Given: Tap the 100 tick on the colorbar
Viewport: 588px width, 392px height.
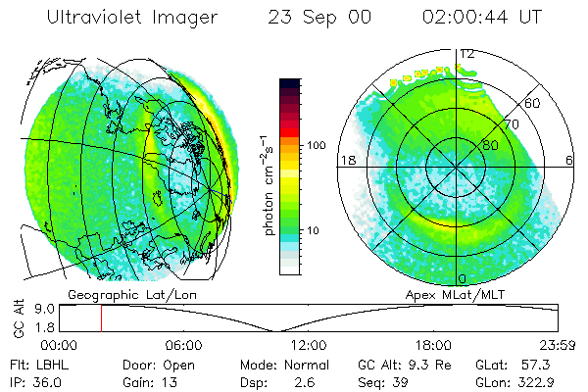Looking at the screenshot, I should (x=317, y=144).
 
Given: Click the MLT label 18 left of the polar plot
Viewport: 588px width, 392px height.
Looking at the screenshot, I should (x=346, y=160).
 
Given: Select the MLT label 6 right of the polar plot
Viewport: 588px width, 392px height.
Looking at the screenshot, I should (x=570, y=160).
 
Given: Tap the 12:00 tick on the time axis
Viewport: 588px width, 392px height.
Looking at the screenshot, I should (x=309, y=346).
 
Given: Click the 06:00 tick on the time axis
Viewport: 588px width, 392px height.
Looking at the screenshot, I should (x=183, y=346).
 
